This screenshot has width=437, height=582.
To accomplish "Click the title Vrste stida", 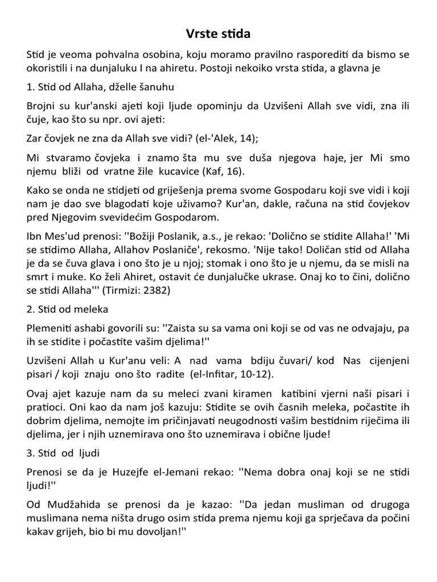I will [x=218, y=35].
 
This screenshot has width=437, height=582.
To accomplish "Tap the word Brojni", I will [x=42, y=106].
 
